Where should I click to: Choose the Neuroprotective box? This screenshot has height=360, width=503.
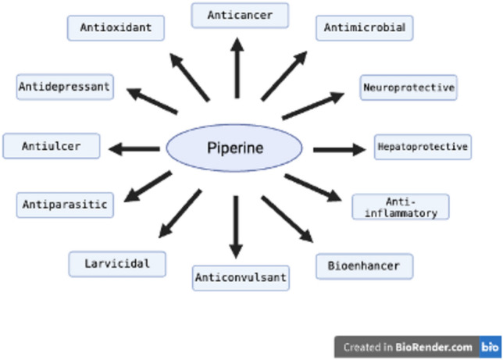[x=408, y=87]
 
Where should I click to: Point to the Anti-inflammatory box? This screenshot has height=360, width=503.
[x=401, y=207]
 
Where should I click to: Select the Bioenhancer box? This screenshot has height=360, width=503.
[x=364, y=266]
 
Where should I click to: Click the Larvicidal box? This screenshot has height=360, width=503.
[x=117, y=264]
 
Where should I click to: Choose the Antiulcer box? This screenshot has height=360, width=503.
[x=51, y=146]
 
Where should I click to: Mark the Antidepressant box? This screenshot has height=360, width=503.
[x=64, y=87]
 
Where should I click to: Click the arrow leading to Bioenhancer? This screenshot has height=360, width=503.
[x=287, y=219]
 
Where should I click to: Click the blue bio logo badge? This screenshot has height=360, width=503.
[x=490, y=347]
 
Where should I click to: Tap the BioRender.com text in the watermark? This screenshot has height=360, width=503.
[x=443, y=347]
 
